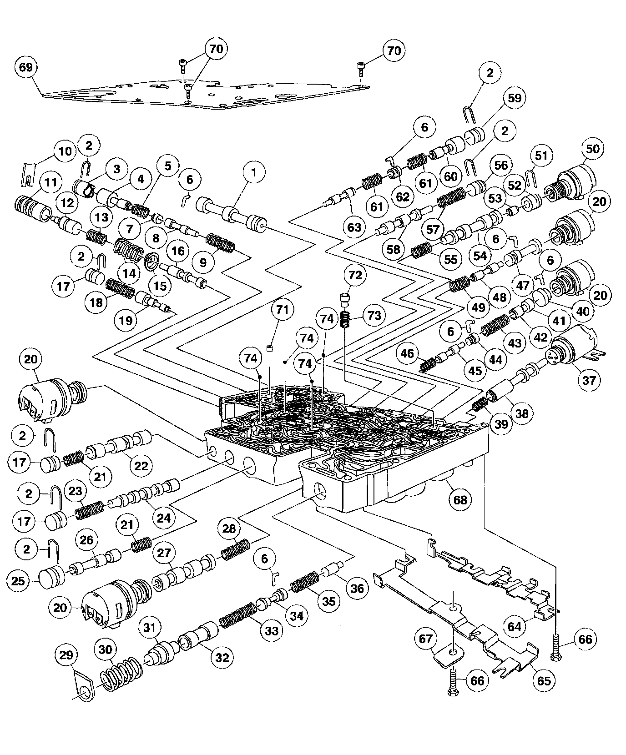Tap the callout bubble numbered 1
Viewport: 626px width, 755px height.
coord(254,172)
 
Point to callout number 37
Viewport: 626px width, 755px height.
coord(589,380)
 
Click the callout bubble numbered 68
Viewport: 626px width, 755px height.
coord(460,500)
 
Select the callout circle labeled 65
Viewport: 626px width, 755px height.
coord(544,680)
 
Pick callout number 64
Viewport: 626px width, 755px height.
coord(515,627)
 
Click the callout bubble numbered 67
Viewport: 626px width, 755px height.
coord(425,639)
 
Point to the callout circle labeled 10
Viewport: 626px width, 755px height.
coord(66,151)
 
